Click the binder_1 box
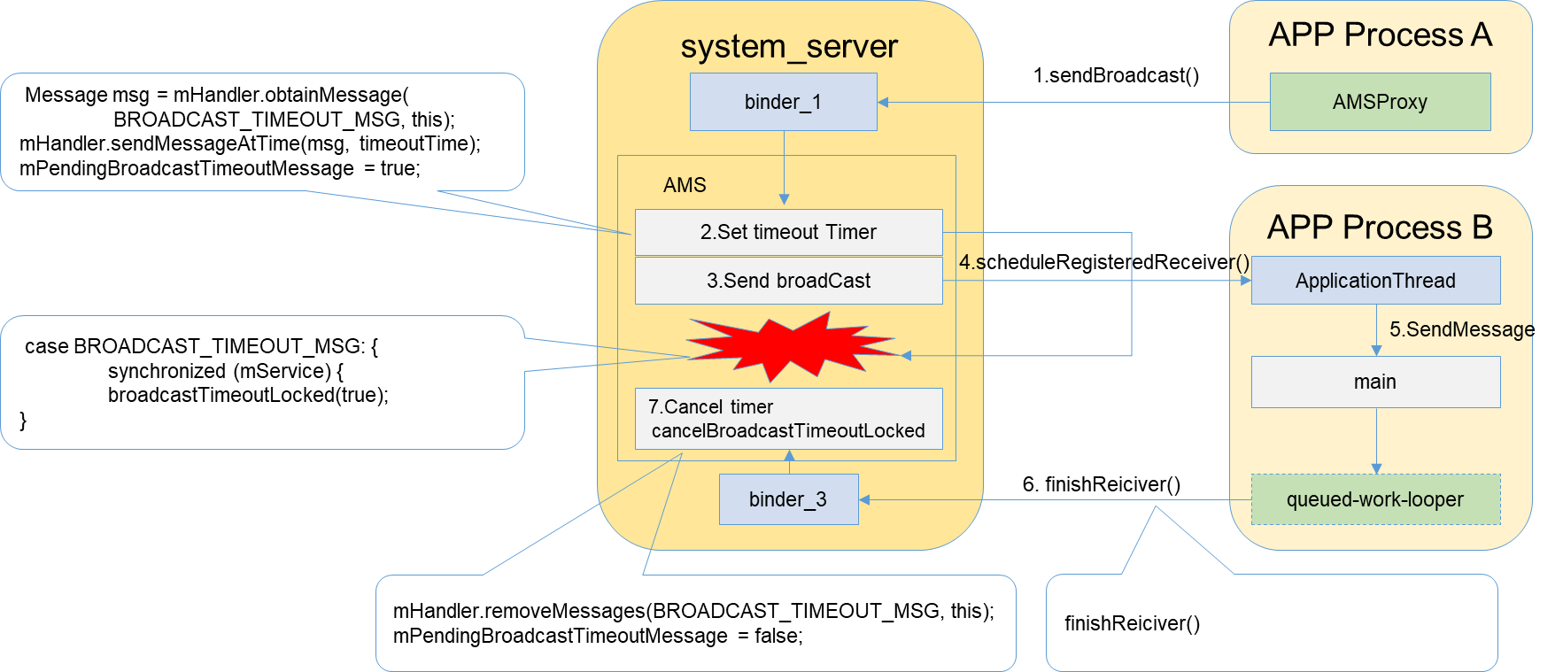click(783, 102)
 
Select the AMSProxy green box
click(1380, 102)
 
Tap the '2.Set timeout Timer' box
click(788, 232)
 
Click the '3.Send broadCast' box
click(788, 281)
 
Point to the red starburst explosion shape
click(788, 347)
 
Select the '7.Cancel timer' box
click(788, 418)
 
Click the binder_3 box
click(788, 499)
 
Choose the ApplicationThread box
click(1375, 281)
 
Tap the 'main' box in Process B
click(1375, 382)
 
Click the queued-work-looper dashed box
click(1375, 499)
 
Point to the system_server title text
click(789, 46)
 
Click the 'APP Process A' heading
click(1380, 35)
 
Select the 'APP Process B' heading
click(1380, 228)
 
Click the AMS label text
click(685, 185)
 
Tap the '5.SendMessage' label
click(1461, 329)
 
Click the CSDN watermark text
click(1504, 657)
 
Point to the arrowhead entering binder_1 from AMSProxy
click(883, 102)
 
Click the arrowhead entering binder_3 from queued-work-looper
click(864, 499)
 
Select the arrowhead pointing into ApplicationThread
click(1245, 281)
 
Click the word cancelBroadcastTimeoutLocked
click(788, 431)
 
